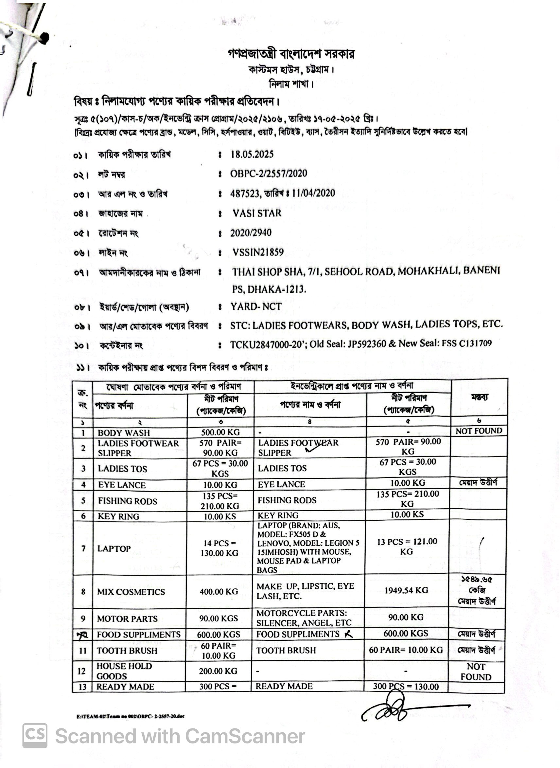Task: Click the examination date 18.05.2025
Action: pos(252,155)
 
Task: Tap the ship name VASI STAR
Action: pos(256,213)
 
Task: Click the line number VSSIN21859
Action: pos(258,252)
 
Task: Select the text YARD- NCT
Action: pos(256,306)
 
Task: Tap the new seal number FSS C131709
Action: pos(466,343)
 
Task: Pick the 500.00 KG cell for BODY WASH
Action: pos(220,432)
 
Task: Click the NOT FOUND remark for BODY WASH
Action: pos(478,431)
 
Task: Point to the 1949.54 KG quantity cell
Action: pos(406,590)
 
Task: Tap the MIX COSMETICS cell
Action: pos(131,592)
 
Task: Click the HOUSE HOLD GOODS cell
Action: pos(124,671)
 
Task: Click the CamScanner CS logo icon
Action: pos(35,736)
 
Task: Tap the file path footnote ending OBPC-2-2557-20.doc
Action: pos(131,716)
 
